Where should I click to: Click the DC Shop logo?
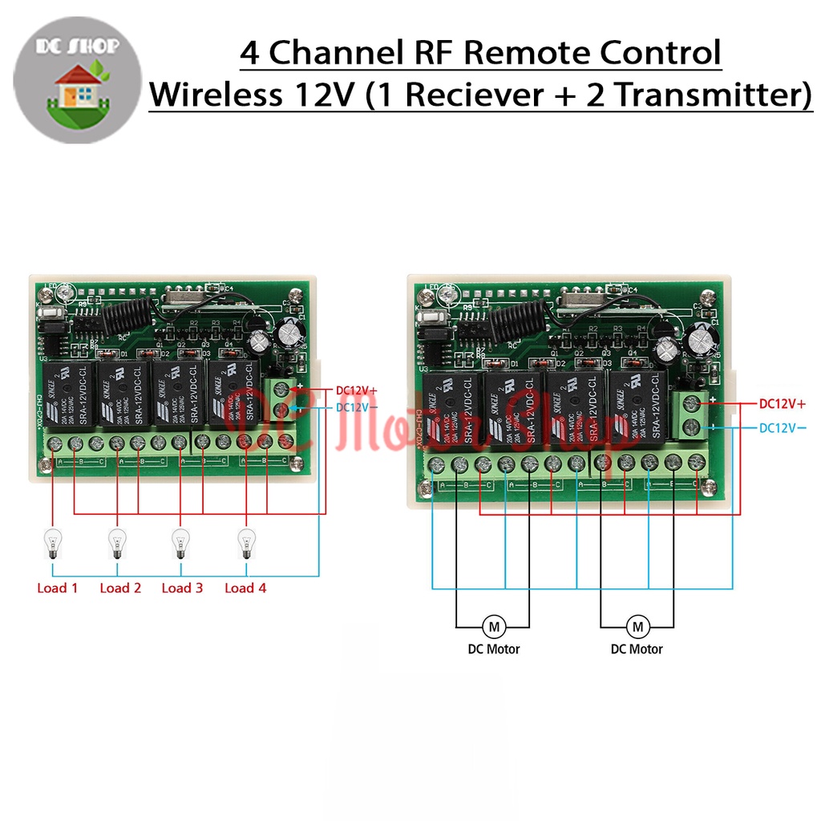click(78, 78)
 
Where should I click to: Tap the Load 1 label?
click(58, 588)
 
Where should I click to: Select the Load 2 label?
click(120, 588)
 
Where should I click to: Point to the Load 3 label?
click(182, 588)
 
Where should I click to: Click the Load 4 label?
click(245, 588)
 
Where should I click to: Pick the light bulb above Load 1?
click(52, 544)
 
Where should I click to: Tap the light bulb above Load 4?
click(245, 544)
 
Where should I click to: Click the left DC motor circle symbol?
click(494, 625)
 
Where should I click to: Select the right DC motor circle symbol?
click(637, 625)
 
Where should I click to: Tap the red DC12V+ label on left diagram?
click(357, 390)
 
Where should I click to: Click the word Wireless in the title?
click(211, 95)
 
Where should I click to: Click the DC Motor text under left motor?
click(494, 649)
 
